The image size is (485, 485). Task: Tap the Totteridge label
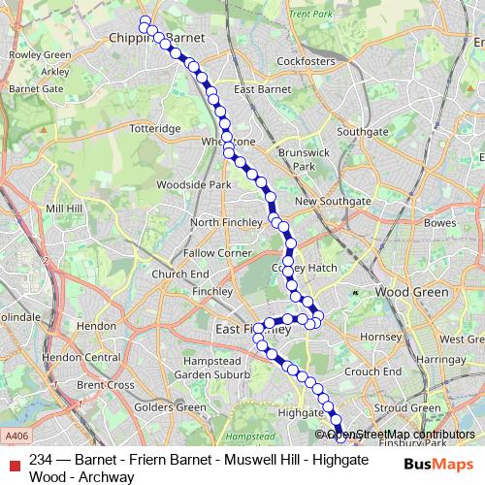point(156,128)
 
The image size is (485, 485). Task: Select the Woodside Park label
point(193,183)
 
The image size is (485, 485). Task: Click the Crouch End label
point(372,371)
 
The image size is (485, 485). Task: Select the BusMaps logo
point(437,464)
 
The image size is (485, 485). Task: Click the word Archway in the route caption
point(110,476)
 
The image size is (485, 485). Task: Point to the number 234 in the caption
point(42,460)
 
